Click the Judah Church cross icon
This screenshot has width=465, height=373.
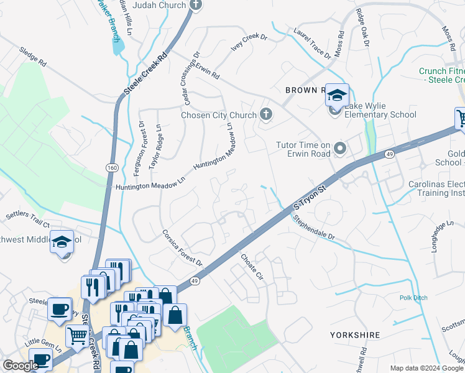click(x=196, y=6)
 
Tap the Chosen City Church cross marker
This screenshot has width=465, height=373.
click(x=266, y=114)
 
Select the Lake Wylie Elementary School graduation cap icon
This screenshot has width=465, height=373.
click(x=337, y=96)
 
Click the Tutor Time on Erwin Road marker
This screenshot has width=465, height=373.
click(x=340, y=149)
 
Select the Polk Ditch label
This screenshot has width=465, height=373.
click(x=413, y=298)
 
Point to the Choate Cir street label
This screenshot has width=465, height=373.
click(x=253, y=265)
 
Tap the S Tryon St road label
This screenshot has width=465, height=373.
click(x=310, y=196)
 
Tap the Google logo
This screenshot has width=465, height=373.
click(x=21, y=366)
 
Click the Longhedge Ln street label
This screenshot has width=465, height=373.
click(x=441, y=231)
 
